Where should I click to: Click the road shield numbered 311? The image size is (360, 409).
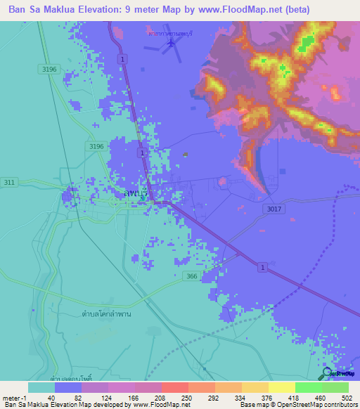(x=9, y=181)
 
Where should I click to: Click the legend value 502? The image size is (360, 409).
(x=347, y=397)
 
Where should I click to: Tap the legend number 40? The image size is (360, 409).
(x=51, y=397)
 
